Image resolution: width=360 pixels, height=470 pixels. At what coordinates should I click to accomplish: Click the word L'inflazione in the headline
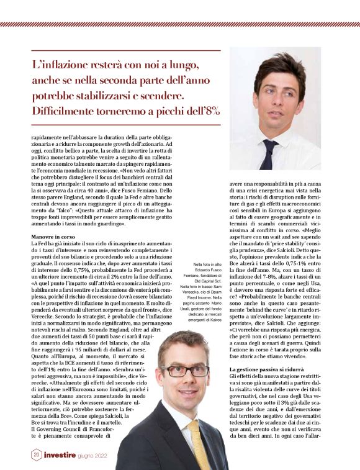pos(62,65)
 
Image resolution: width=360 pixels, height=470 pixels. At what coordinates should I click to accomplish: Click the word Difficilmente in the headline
pos(69,111)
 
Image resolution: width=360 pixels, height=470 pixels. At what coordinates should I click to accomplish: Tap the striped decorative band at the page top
pos(180,24)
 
